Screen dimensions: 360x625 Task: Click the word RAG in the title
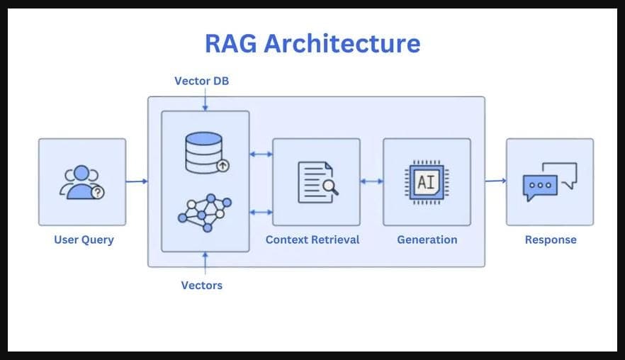click(x=231, y=43)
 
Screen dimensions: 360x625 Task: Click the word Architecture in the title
click(x=342, y=43)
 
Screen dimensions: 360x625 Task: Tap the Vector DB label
click(x=201, y=81)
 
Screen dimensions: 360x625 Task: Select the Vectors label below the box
click(x=201, y=285)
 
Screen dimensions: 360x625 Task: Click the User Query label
click(x=84, y=240)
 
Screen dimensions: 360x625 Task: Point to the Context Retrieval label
click(x=312, y=240)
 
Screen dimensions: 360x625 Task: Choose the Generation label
click(x=427, y=240)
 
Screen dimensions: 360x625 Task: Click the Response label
click(x=551, y=240)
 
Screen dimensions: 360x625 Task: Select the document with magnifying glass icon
click(x=317, y=181)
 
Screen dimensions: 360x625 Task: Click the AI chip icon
click(x=427, y=181)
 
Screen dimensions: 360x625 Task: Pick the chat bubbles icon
click(x=550, y=182)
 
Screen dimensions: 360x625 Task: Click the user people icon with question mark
click(x=82, y=182)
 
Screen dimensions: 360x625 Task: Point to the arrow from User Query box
click(x=137, y=181)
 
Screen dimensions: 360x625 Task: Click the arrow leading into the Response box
click(x=495, y=181)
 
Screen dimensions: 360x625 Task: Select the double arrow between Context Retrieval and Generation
click(x=371, y=181)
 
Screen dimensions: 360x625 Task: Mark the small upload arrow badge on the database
click(x=223, y=166)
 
